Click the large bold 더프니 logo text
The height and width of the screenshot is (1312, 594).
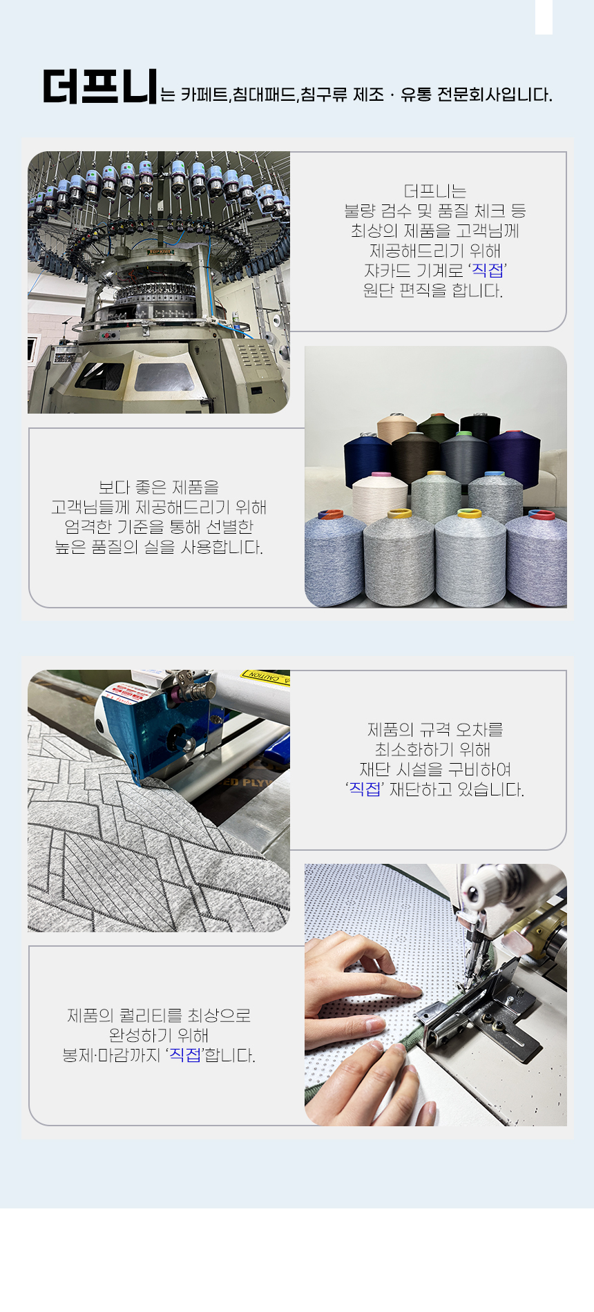[x=100, y=87]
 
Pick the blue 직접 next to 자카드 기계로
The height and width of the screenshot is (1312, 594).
[x=488, y=271]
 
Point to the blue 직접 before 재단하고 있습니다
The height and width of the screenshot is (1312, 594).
[x=365, y=789]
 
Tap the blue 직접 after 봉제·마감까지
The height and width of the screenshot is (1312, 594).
[x=185, y=1055]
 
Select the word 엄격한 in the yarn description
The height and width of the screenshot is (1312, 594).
[x=88, y=527]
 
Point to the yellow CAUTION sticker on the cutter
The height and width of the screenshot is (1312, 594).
[x=265, y=677]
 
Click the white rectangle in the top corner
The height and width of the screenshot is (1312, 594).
[x=544, y=17]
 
